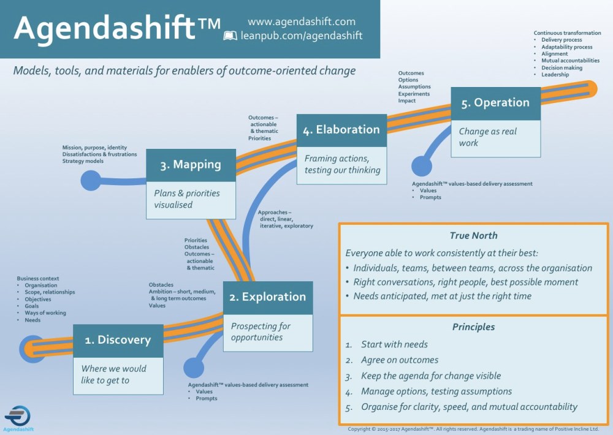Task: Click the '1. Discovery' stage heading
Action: (118, 340)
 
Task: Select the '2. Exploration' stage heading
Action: (267, 297)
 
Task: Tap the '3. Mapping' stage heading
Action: (191, 165)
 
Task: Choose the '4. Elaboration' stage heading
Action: (341, 130)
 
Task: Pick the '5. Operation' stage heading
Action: (495, 103)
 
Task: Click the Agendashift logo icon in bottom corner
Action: (18, 415)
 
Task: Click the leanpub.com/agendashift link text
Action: (302, 36)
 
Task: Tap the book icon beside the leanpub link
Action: (230, 36)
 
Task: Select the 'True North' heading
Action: (473, 235)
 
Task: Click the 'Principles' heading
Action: (473, 327)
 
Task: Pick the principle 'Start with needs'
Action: (394, 344)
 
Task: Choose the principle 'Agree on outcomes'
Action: (400, 360)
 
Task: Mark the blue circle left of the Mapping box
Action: (91, 180)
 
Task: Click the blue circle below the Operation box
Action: (421, 167)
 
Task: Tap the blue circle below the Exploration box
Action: (193, 368)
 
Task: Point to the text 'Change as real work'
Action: (488, 137)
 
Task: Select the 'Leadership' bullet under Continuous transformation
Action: (555, 75)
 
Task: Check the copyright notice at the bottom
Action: (473, 429)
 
